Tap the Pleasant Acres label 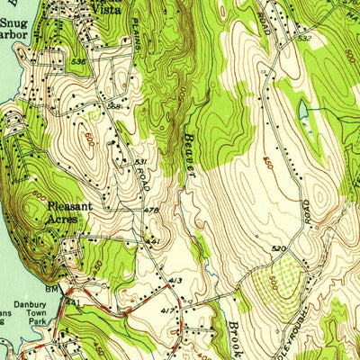[x=70, y=212]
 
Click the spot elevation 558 [x=113, y=105]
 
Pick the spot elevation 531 [x=141, y=162]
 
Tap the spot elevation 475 [x=151, y=211]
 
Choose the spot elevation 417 [x=166, y=311]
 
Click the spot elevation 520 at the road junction [x=278, y=247]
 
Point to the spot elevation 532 [x=304, y=39]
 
